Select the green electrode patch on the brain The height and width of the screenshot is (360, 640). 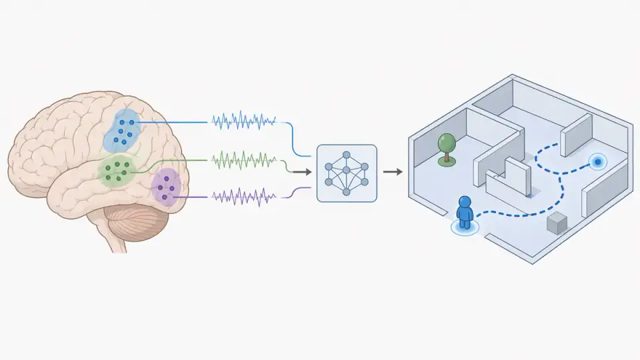(x=117, y=170)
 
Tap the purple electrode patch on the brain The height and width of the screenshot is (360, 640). (x=165, y=187)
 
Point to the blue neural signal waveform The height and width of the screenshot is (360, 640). (x=243, y=121)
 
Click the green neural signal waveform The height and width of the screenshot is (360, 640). (x=243, y=161)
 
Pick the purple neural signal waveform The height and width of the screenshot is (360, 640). (x=243, y=197)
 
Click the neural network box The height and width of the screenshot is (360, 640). (x=347, y=173)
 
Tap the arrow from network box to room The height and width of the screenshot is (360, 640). (x=393, y=172)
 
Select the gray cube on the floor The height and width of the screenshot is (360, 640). (x=556, y=224)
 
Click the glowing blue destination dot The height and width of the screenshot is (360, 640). (x=598, y=161)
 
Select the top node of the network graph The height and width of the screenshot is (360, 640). (x=347, y=155)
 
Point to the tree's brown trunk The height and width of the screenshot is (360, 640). (x=447, y=157)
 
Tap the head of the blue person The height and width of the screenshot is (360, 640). (x=465, y=203)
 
